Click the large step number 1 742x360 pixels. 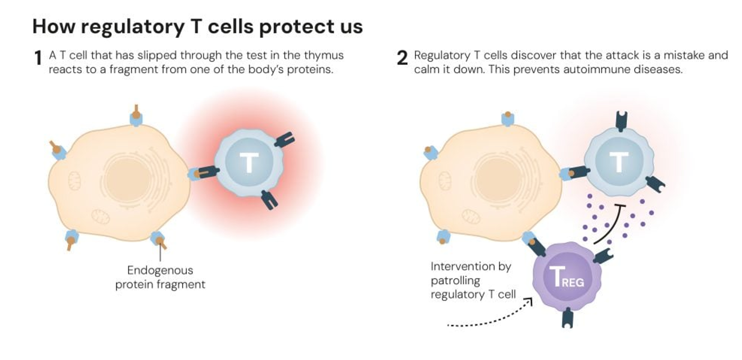(x=38, y=58)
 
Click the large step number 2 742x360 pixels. (x=402, y=58)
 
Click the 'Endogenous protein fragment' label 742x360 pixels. (x=160, y=277)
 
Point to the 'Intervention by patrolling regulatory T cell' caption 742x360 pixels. (x=473, y=280)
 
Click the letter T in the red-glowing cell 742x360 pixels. (x=249, y=163)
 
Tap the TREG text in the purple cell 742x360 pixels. (x=566, y=277)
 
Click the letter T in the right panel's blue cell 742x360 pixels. (x=619, y=162)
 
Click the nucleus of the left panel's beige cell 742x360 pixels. (x=128, y=179)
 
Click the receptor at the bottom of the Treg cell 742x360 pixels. (x=568, y=318)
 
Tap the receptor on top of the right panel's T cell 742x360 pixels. (x=621, y=121)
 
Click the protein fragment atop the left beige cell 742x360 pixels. (x=136, y=113)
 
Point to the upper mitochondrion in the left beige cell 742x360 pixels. (x=74, y=181)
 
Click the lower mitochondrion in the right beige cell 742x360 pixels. (x=471, y=217)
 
